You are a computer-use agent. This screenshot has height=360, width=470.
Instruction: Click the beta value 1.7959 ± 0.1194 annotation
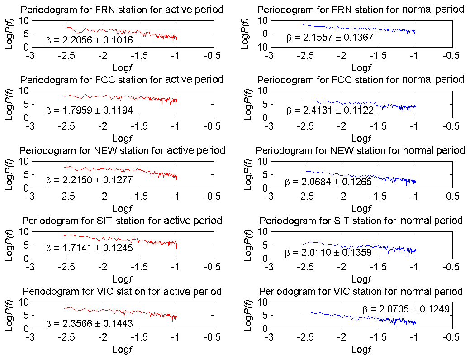pos(89,110)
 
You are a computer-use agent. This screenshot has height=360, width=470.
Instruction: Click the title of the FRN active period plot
pos(122,10)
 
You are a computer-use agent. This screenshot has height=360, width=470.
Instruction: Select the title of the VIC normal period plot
pos(361,291)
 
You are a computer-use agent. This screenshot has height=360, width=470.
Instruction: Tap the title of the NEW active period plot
pos(122,150)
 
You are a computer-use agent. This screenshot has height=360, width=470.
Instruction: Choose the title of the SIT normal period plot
pos(361,221)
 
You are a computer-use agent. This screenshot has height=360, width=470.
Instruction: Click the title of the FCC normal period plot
pos(361,80)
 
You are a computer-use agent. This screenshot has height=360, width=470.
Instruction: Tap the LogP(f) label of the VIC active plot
pos(9,315)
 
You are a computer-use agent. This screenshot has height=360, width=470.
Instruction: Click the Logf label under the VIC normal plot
pos(360,349)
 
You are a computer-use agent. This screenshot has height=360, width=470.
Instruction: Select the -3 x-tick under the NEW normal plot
pos(269,197)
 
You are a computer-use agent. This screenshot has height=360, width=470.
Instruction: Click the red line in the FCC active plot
pos(136,97)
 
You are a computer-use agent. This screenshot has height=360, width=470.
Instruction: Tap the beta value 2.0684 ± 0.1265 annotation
pos(328,182)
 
